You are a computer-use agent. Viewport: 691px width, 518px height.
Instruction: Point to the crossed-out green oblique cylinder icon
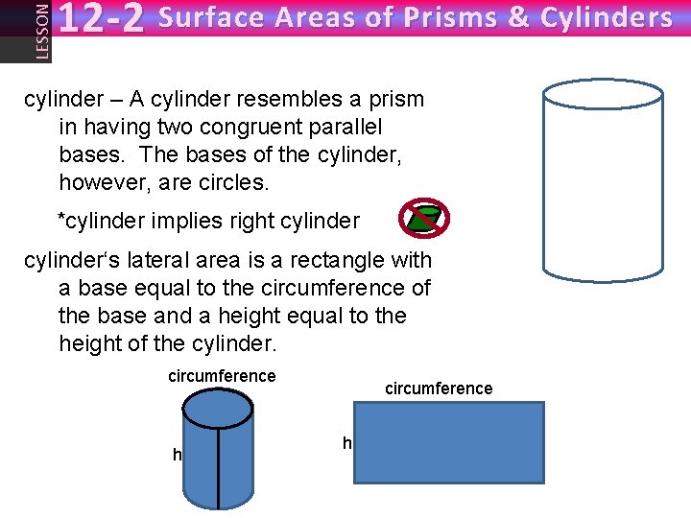pos(423,220)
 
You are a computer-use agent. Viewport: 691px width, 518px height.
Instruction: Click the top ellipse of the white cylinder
pos(603,93)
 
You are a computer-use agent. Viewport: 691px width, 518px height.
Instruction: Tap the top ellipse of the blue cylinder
pos(218,409)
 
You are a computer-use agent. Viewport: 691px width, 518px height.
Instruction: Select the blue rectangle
pos(449,442)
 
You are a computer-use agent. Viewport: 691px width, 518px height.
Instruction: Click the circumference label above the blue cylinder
pos(222,376)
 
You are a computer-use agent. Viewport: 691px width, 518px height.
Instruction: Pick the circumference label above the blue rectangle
pos(439,388)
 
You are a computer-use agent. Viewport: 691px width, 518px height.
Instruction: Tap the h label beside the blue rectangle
pos(347,442)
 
